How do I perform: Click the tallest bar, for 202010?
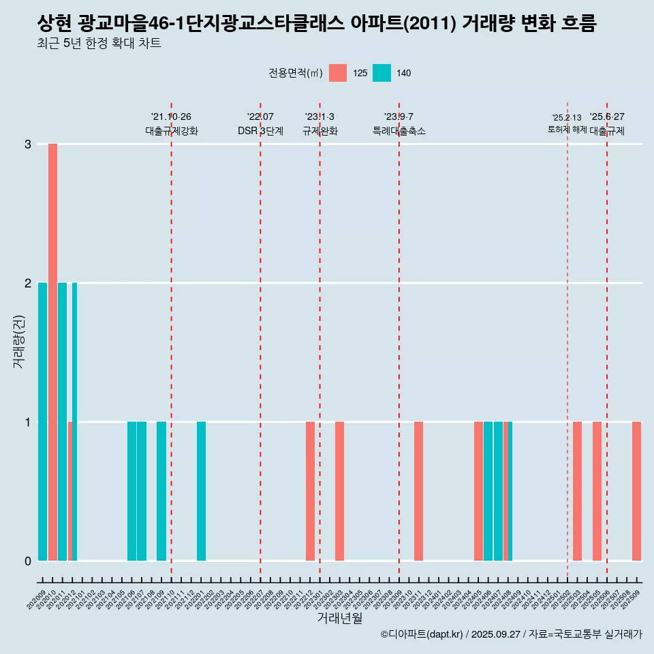pyautogui.click(x=52, y=352)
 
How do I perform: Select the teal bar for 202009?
pyautogui.click(x=43, y=421)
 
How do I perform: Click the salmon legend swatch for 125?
pyautogui.click(x=338, y=73)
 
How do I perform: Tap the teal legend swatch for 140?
pyautogui.click(x=382, y=73)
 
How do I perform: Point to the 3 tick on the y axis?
pyautogui.click(x=28, y=144)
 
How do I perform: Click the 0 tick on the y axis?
pyautogui.click(x=28, y=561)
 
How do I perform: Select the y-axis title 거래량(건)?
pyautogui.click(x=18, y=341)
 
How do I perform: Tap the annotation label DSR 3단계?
pyautogui.click(x=260, y=131)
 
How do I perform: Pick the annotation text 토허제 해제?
pyautogui.click(x=567, y=129)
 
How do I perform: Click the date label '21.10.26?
pyautogui.click(x=171, y=117)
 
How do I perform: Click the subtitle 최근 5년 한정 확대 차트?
pyautogui.click(x=99, y=44)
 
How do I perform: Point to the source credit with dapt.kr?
pyautogui.click(x=511, y=634)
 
